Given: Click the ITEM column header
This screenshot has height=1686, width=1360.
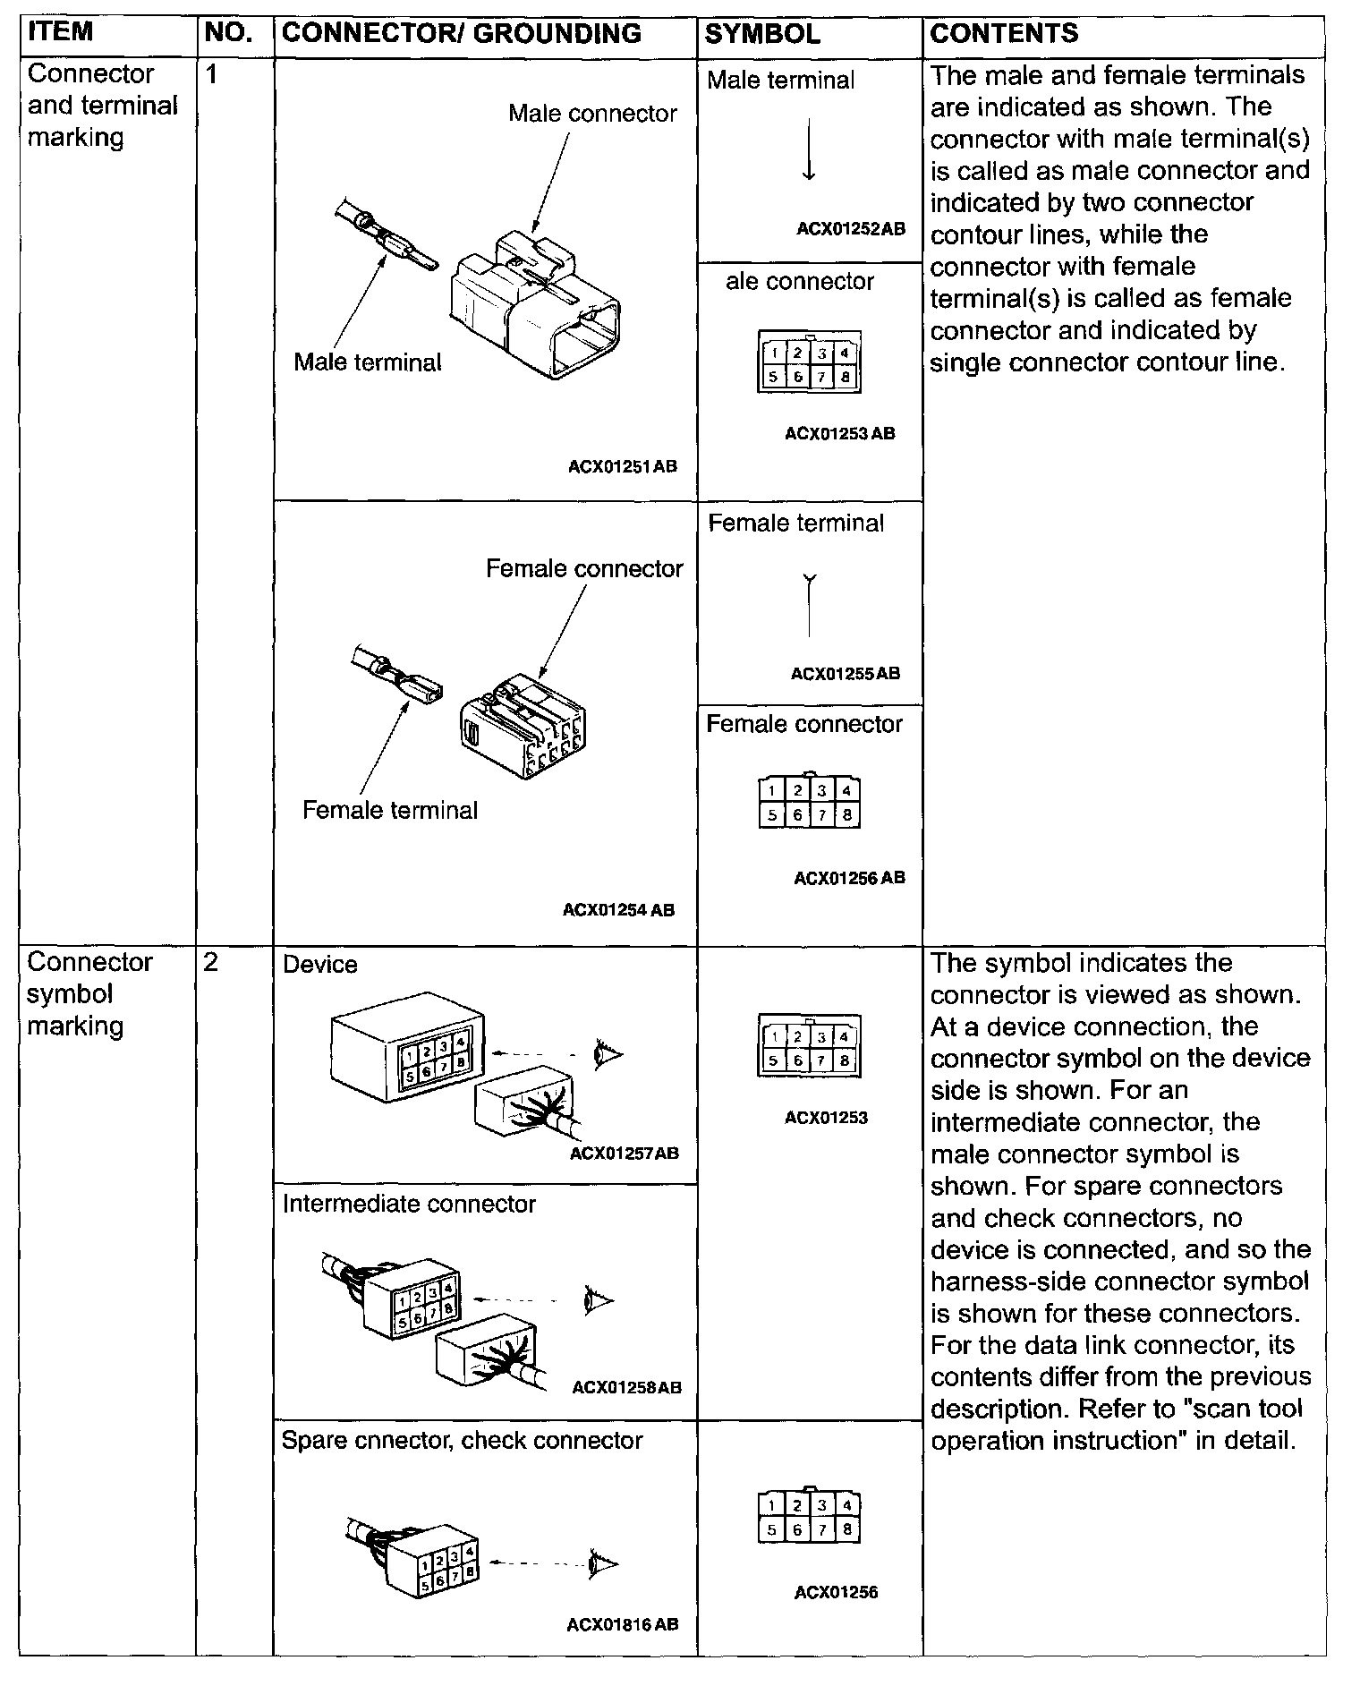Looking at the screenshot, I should [61, 32].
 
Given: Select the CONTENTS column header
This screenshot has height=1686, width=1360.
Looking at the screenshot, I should [1004, 34].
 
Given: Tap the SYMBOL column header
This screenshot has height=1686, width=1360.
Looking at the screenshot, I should [762, 34].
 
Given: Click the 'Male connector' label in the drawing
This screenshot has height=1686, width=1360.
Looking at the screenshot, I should [592, 114].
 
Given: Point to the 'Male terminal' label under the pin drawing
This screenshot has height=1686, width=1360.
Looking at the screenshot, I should [368, 362].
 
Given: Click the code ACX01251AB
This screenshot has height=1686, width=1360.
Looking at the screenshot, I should [623, 466].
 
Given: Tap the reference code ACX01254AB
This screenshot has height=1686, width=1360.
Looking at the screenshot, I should [618, 910].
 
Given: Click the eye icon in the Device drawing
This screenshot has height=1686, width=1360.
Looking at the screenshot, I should [608, 1054].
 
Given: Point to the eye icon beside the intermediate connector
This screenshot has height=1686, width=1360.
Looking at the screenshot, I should [597, 1299].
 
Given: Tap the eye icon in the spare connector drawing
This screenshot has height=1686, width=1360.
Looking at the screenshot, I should [603, 1563].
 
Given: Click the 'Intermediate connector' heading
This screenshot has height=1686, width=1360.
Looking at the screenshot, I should [409, 1205].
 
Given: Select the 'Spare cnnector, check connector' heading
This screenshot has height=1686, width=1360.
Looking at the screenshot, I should [462, 1441].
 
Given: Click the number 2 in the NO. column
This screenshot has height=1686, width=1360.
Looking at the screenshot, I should [211, 963].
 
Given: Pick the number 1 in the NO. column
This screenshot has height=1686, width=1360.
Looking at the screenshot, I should [211, 74].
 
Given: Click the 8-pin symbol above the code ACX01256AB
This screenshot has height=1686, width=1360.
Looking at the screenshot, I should [810, 802].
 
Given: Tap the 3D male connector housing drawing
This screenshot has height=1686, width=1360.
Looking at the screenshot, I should [535, 304].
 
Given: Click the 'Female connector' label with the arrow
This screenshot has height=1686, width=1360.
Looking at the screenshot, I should [583, 569].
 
